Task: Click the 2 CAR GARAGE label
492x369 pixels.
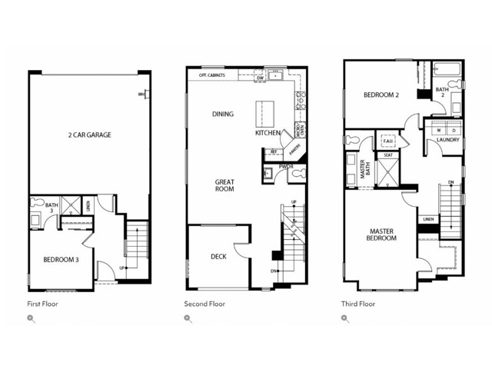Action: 89,135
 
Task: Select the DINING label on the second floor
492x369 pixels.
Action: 223,114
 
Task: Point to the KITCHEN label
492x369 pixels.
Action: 268,133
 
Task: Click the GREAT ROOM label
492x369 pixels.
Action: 224,185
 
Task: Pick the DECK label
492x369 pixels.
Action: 218,256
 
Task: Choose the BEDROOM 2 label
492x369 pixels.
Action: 381,95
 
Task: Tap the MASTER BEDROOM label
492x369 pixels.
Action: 382,234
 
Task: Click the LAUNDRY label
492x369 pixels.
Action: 448,140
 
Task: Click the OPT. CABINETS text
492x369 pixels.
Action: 211,75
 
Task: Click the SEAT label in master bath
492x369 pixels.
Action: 388,155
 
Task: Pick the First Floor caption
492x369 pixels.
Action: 42,304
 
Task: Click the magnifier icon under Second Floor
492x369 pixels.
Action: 188,318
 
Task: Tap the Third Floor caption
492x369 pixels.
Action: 358,304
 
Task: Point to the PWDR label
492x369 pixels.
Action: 286,166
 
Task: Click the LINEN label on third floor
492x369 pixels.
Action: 428,220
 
